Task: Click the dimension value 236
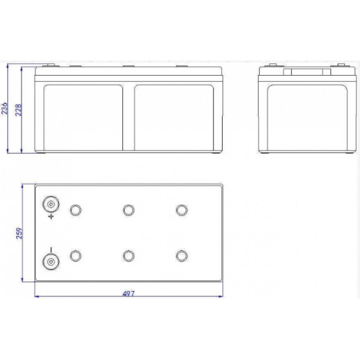coord(4,109)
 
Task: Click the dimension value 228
coord(18,110)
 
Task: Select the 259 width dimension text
coord(20,233)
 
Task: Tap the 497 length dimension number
coord(128,293)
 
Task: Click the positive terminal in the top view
coord(51,204)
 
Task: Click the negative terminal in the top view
coord(51,262)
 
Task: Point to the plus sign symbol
coord(51,216)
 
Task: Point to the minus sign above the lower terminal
coord(51,250)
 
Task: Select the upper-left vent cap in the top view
coord(76,210)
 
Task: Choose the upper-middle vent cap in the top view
coord(128,210)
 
